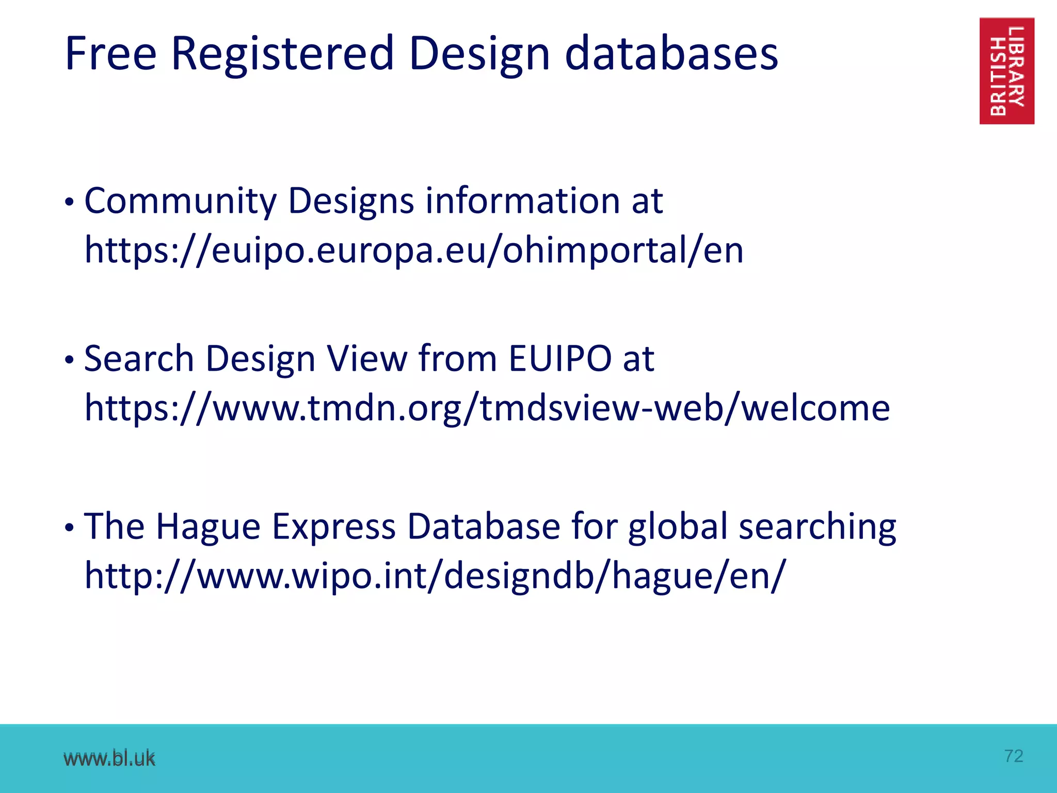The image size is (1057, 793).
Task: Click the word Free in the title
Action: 110,54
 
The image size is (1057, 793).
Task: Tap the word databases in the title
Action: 671,54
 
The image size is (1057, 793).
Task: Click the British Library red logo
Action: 1006,71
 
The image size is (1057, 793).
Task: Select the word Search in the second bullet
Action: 139,358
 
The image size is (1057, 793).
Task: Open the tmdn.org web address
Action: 487,408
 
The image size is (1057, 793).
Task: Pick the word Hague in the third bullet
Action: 208,527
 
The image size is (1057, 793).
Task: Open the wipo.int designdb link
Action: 435,576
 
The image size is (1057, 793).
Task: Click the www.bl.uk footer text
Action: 109,758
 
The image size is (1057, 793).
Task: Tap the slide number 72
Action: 1014,756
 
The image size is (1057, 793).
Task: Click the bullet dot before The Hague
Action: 70,528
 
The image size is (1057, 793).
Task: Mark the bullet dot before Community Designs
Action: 70,203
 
